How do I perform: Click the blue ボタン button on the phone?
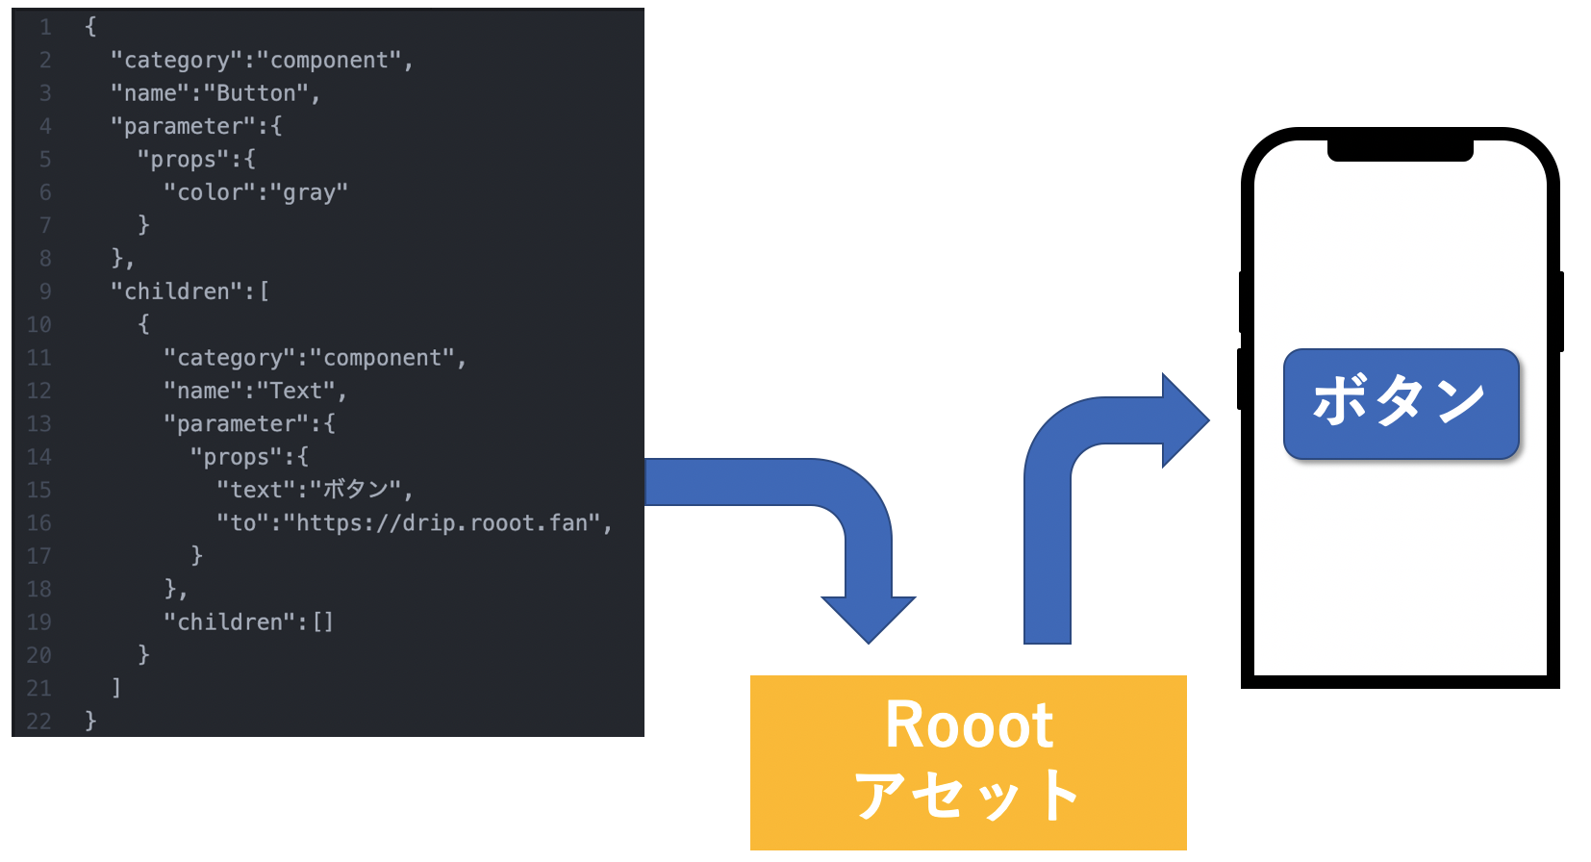pyautogui.click(x=1401, y=403)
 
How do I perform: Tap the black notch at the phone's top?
pyautogui.click(x=1400, y=150)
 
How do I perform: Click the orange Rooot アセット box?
pyautogui.click(x=968, y=761)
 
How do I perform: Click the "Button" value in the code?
pyautogui.click(x=256, y=93)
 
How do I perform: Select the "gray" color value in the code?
pyautogui.click(x=309, y=192)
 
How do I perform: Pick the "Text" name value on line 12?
pyautogui.click(x=295, y=391)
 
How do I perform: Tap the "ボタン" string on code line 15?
pyautogui.click(x=355, y=490)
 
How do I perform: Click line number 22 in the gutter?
pyautogui.click(x=38, y=721)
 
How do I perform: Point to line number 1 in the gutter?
pyautogui.click(x=44, y=27)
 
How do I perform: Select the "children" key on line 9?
pyautogui.click(x=177, y=292)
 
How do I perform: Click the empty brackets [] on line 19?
pyautogui.click(x=323, y=621)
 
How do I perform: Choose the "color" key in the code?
pyautogui.click(x=203, y=192)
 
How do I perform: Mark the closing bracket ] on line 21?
pyautogui.click(x=116, y=687)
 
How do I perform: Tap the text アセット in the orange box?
pyautogui.click(x=968, y=796)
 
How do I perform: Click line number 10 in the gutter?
pyautogui.click(x=38, y=324)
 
